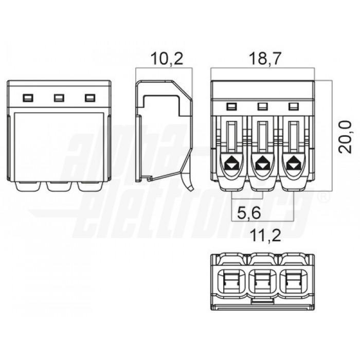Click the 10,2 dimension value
coord(167,59)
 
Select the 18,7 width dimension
coord(265,59)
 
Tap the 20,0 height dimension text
coord(345,137)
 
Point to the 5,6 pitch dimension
coord(249,213)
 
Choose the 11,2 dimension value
coord(265,235)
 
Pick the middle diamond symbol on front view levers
coord(262,163)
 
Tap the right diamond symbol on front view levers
coord(294,163)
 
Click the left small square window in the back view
coord(28,98)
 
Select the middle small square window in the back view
coord(59,98)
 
